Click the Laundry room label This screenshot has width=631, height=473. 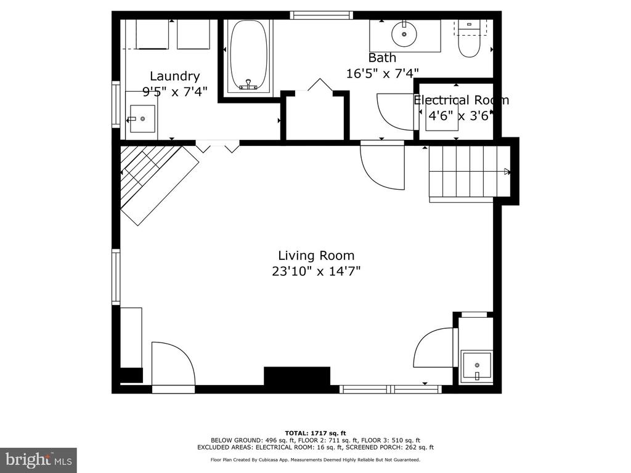pyautogui.click(x=174, y=76)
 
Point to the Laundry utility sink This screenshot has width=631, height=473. pyautogui.click(x=141, y=119)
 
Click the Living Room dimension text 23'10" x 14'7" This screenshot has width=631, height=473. pyautogui.click(x=316, y=272)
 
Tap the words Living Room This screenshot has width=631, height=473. pyautogui.click(x=316, y=256)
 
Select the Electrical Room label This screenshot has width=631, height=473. pyautogui.click(x=461, y=100)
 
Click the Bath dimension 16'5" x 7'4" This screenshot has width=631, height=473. pyautogui.click(x=383, y=73)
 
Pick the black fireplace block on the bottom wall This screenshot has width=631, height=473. pyautogui.click(x=297, y=376)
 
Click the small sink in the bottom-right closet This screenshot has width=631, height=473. pyautogui.click(x=477, y=366)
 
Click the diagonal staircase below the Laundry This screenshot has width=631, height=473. pyautogui.click(x=160, y=183)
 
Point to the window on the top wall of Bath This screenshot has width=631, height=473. pyautogui.click(x=321, y=15)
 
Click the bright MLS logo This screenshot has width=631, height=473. pyautogui.click(x=39, y=458)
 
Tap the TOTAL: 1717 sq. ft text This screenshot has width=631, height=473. pyautogui.click(x=315, y=433)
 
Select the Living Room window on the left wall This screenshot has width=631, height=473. pyautogui.click(x=116, y=277)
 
